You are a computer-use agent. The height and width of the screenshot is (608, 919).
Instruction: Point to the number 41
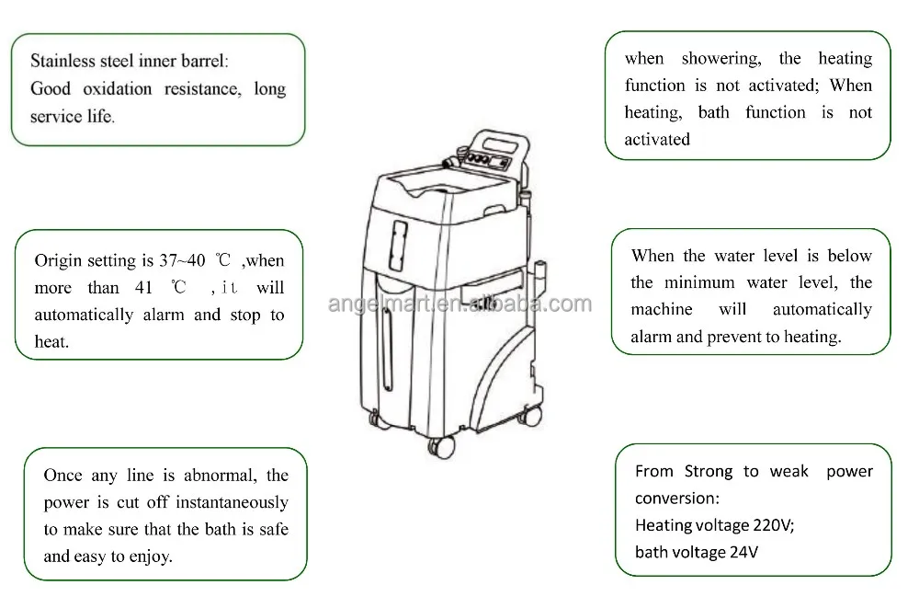(x=143, y=288)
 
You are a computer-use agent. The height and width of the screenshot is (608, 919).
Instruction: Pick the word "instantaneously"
(x=231, y=502)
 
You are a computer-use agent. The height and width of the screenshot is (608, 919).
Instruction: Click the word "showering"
(x=720, y=59)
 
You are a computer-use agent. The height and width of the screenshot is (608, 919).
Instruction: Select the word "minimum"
(x=703, y=282)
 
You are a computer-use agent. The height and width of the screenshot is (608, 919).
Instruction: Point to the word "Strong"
(x=708, y=471)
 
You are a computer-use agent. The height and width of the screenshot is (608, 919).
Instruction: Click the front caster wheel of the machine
(x=441, y=445)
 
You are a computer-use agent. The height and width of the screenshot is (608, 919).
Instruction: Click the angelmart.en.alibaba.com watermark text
(x=459, y=304)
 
